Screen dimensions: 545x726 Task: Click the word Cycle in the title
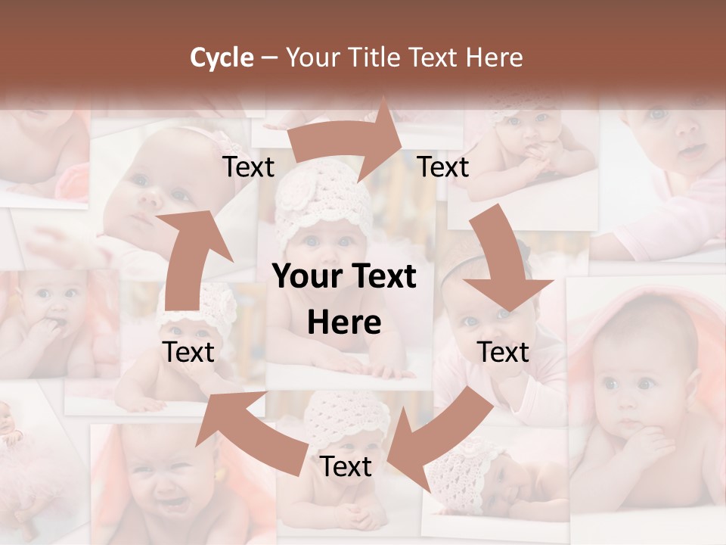coord(222,58)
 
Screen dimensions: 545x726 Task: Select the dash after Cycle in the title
coord(268,58)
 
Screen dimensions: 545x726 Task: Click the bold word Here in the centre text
coord(344,323)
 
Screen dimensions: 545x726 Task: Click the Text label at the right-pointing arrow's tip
coord(443,167)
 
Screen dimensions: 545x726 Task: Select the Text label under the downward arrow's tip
coord(503,352)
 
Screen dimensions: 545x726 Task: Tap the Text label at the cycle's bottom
coord(346,466)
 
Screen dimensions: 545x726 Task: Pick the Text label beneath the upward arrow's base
coord(188,352)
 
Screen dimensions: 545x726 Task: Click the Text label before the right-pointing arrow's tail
coord(248,167)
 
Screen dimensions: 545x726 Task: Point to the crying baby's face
coord(163,484)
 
